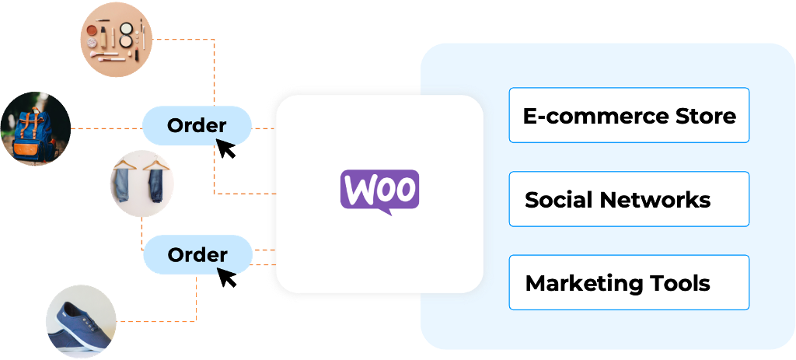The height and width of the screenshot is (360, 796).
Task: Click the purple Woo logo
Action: pos(379,189)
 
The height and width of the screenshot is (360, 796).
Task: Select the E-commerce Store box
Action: pos(629,115)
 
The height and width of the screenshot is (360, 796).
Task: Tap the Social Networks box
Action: pos(629,199)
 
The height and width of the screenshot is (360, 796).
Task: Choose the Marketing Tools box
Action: pos(629,282)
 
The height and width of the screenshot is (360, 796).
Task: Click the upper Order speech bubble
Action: pos(197,125)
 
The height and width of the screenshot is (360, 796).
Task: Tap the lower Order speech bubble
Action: pos(197,255)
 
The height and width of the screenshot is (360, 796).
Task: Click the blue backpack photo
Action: pos(35,129)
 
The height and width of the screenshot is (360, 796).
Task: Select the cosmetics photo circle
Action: pos(117,37)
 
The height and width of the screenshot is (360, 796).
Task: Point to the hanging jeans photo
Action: pos(142,183)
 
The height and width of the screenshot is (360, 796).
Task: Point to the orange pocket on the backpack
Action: pos(30,145)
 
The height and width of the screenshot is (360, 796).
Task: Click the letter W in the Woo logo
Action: pos(358,189)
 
